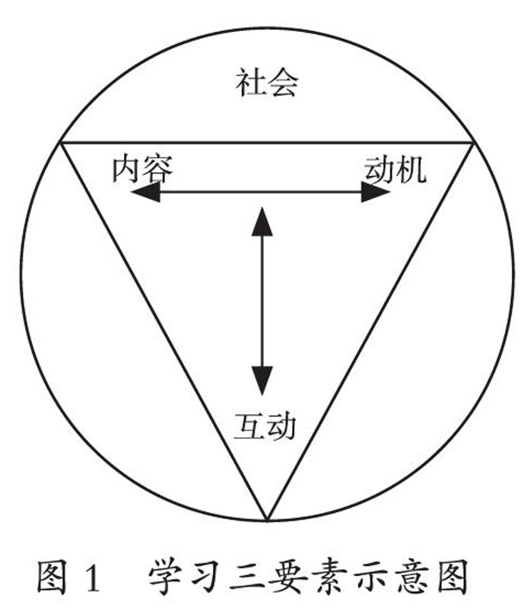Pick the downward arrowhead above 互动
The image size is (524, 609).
click(262, 377)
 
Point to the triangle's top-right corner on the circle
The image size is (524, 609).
click(475, 142)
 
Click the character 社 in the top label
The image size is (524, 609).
click(250, 82)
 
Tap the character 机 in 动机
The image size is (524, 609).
click(410, 168)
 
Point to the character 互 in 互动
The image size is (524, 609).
click(248, 427)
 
